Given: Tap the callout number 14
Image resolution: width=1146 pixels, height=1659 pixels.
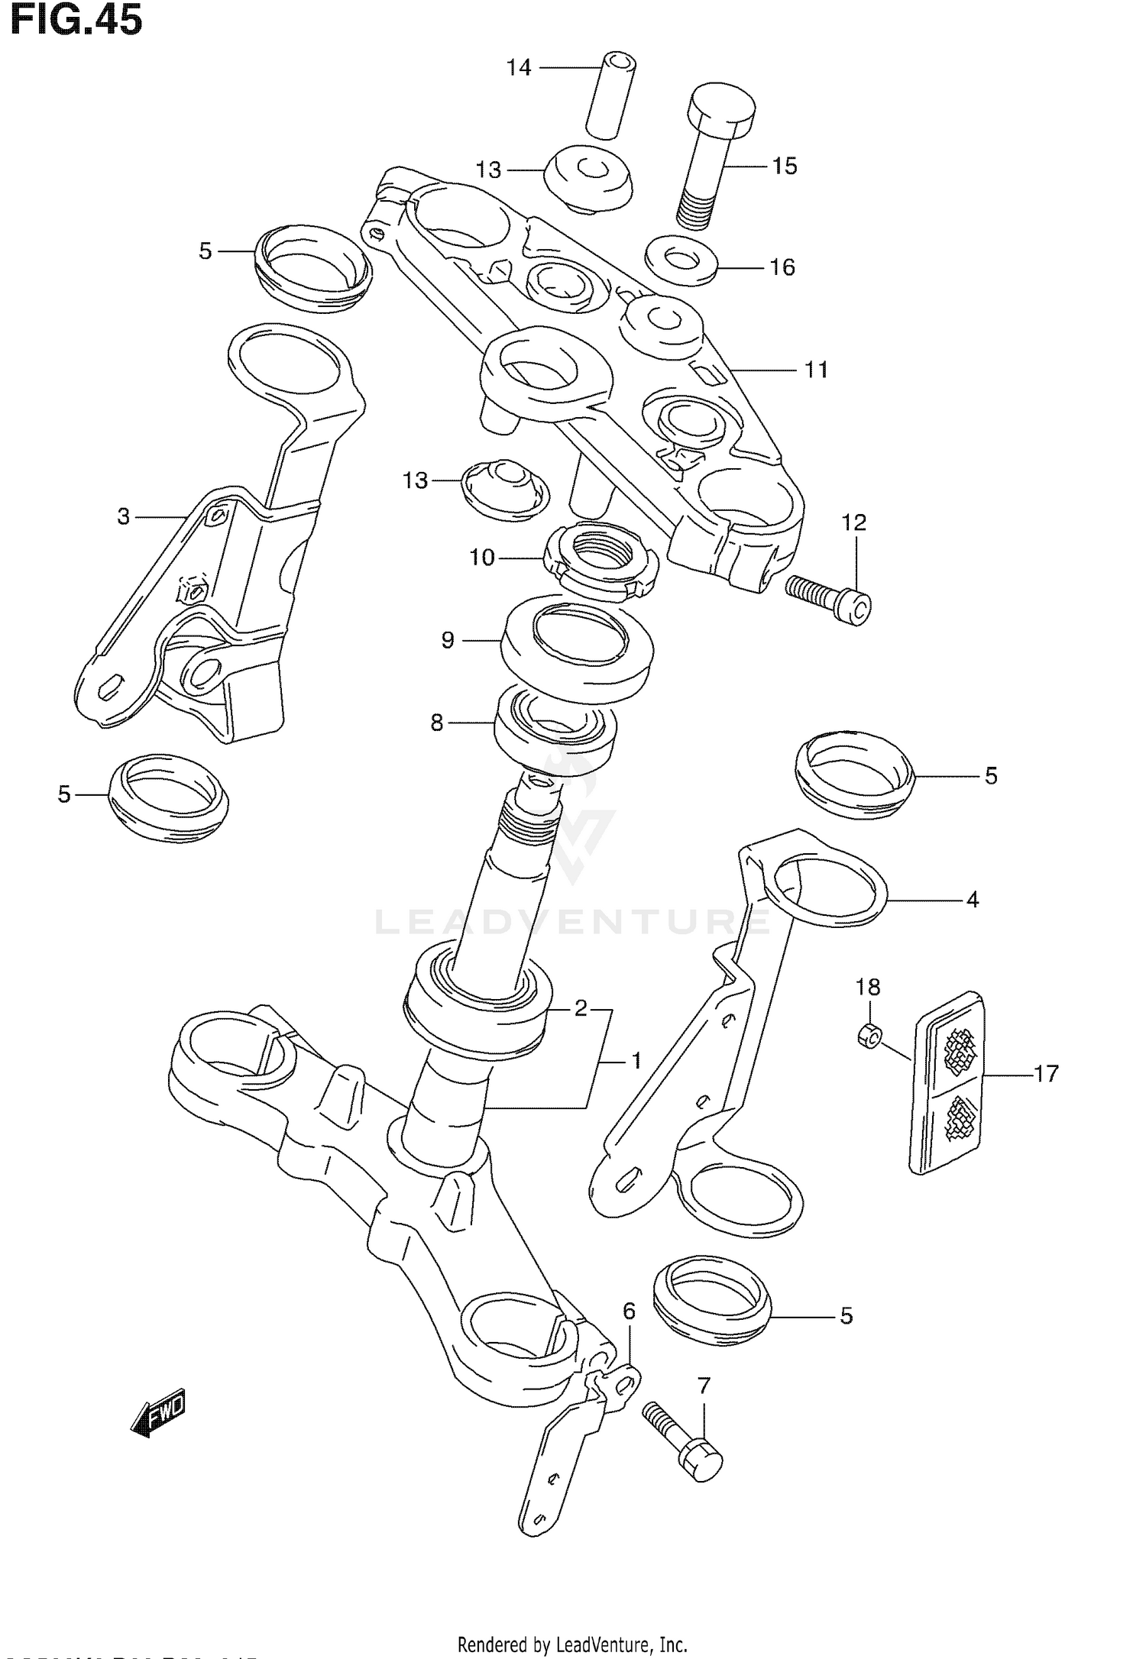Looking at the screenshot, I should (x=519, y=68).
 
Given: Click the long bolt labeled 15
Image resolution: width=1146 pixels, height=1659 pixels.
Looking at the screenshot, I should (x=711, y=153).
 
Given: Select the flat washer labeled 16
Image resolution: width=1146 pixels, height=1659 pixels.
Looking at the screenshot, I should (x=681, y=260).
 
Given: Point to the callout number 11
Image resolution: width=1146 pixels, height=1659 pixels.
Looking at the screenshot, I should (x=816, y=370).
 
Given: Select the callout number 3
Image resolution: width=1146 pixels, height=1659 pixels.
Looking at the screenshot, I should (x=124, y=517).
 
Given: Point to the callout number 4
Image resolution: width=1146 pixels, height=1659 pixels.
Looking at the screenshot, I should (x=972, y=900).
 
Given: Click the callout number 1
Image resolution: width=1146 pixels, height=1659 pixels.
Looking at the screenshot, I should (x=636, y=1061).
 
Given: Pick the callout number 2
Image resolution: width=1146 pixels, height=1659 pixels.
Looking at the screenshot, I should (x=581, y=1008).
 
